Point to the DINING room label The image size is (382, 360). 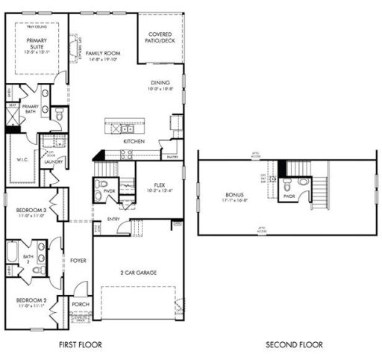pyautogui.click(x=160, y=83)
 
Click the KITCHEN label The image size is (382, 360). pyautogui.click(x=134, y=141)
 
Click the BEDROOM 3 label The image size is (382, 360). pyautogui.click(x=31, y=211)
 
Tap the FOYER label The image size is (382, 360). pyautogui.click(x=78, y=261)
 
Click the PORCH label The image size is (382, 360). pyautogui.click(x=80, y=305)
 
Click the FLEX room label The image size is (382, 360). pyautogui.click(x=159, y=184)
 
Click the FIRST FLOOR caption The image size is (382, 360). pyautogui.click(x=80, y=345)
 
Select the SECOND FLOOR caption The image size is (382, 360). pyautogui.click(x=295, y=345)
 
